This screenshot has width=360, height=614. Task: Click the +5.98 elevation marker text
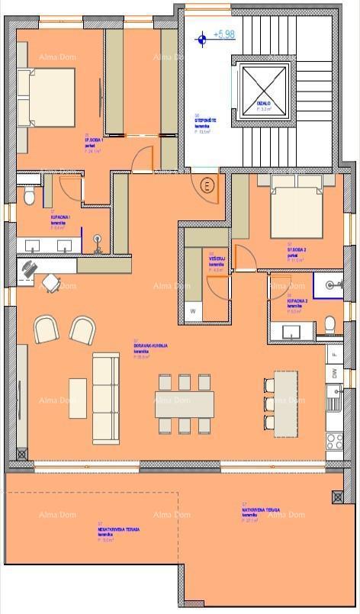tap(224, 35)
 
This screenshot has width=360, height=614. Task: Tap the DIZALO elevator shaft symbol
tap(265, 90)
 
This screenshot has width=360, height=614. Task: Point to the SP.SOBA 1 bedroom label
tap(95, 142)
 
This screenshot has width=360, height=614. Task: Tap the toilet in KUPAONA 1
tap(29, 197)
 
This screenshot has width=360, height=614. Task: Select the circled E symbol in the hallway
tap(206, 185)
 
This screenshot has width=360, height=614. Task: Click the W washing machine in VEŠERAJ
tap(193, 311)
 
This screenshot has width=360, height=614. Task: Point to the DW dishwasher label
tap(334, 373)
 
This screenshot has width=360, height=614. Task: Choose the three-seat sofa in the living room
tap(106, 398)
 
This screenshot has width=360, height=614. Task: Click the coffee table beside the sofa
tap(78, 398)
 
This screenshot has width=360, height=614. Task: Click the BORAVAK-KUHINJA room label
tap(150, 346)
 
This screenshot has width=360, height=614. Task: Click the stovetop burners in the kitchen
tap(334, 441)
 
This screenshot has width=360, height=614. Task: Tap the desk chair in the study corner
tap(50, 283)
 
